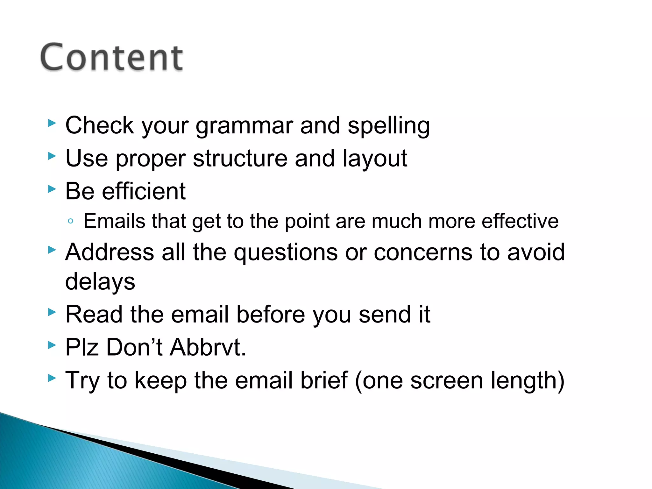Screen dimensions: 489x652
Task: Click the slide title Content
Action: tap(111, 57)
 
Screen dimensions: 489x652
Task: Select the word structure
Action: tap(240, 159)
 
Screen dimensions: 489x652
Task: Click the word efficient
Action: tap(144, 191)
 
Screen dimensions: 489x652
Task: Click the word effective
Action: tap(520, 221)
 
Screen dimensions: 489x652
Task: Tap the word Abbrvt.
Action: tap(208, 347)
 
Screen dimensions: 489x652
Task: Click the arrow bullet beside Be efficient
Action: tap(52, 189)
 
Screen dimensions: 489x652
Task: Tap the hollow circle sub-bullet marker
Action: tap(71, 221)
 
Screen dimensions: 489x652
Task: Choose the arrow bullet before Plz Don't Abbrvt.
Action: tap(52, 345)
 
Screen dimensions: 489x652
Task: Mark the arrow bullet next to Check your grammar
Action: tap(52, 123)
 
